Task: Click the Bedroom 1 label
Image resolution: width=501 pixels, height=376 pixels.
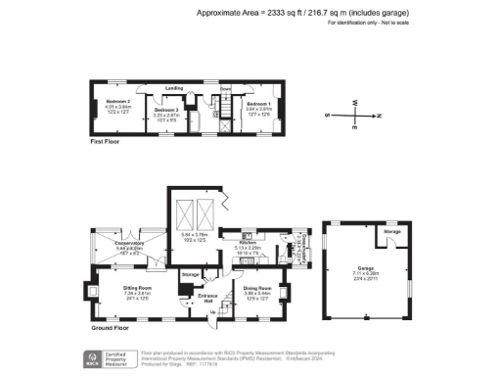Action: pos(258,103)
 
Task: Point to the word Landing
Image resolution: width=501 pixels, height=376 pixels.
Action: pos(176,88)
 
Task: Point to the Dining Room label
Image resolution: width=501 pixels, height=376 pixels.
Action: pos(255,288)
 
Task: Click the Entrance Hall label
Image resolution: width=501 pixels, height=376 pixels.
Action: pos(207,294)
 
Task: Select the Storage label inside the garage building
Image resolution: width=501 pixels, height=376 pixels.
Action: pos(392,231)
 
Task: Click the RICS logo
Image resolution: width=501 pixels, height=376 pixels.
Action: pos(94,359)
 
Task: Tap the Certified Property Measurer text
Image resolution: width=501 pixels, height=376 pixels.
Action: pos(121,357)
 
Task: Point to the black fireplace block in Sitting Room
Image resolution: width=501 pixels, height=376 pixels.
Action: pos(93,290)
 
